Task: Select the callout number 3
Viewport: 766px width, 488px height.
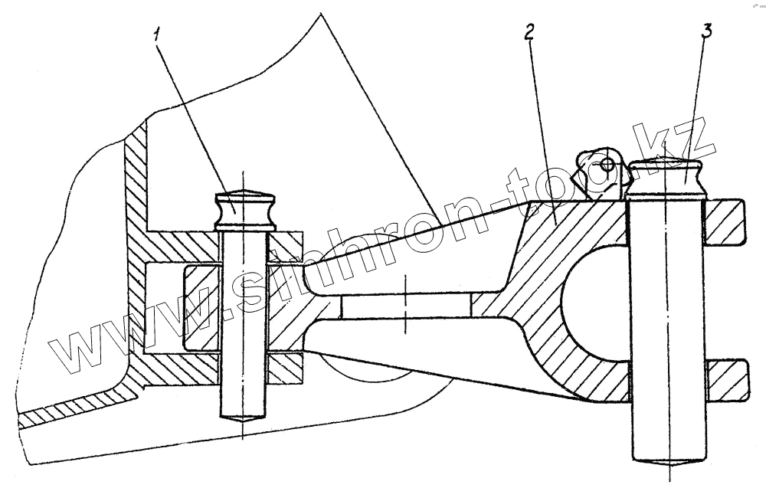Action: pos(707,33)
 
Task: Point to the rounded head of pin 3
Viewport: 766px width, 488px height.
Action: pos(665,175)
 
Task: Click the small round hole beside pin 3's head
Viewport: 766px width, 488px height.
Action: pos(607,164)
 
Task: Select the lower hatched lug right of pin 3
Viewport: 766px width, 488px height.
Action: pos(725,378)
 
